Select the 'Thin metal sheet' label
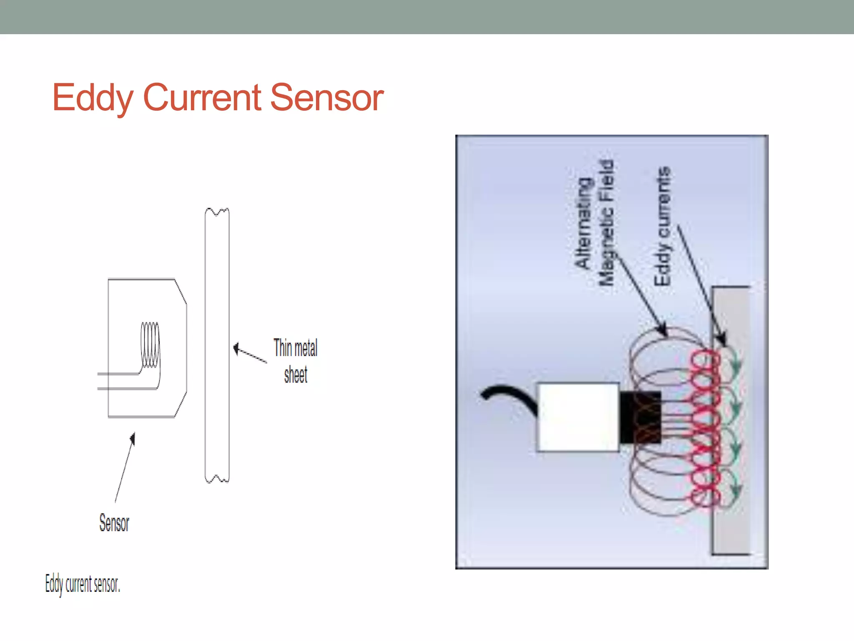pos(295,361)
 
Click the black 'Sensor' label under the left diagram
pos(114,523)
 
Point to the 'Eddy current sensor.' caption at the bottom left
pos(83,584)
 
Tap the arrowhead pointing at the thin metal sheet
pos(236,348)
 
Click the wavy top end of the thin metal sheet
pos(217,212)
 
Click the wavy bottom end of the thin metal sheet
pos(217,479)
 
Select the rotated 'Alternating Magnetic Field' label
pos(595,223)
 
